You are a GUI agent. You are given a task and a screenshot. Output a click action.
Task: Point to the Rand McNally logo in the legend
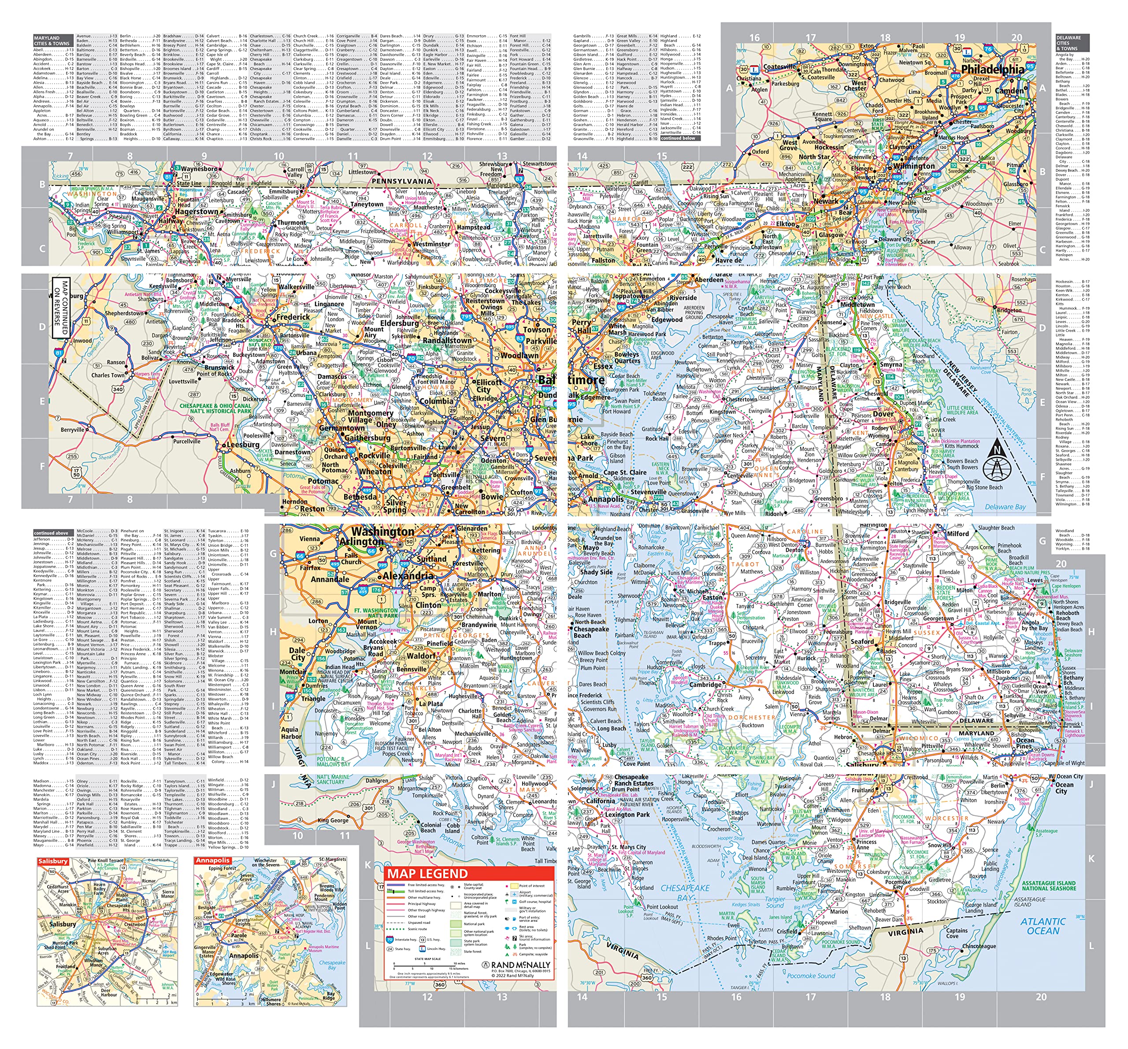click(516, 965)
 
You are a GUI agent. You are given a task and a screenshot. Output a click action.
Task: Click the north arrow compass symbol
click(996, 459)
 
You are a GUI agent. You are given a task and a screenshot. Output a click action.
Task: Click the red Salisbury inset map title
click(53, 860)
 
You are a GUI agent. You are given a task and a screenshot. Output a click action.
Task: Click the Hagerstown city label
click(197, 211)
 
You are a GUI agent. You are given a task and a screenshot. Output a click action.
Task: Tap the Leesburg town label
click(243, 445)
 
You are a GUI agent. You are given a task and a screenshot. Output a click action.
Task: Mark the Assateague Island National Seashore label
click(1049, 886)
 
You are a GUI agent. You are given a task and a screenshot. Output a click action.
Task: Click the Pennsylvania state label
click(402, 181)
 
